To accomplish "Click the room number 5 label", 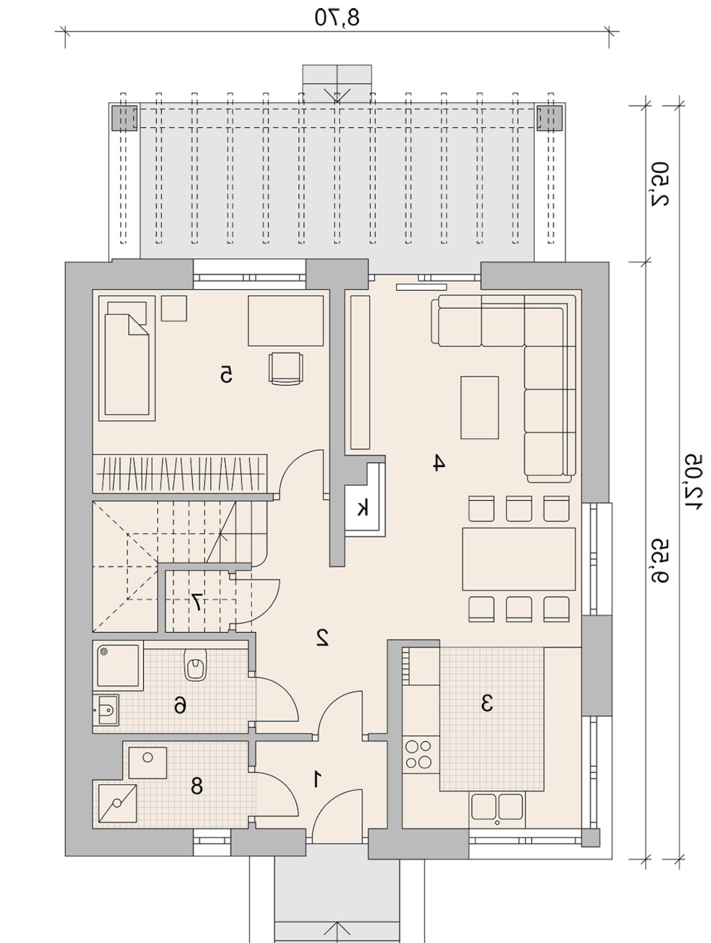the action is pyautogui.click(x=226, y=374).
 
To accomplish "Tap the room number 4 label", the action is pyautogui.click(x=438, y=463).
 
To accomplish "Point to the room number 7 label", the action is pyautogui.click(x=196, y=602).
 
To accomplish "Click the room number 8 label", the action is pyautogui.click(x=197, y=786).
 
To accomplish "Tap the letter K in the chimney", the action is pyautogui.click(x=362, y=508).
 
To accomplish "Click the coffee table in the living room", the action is pyautogui.click(x=480, y=407).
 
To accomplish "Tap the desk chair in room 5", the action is pyautogui.click(x=285, y=368).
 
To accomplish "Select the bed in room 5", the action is pyautogui.click(x=127, y=359).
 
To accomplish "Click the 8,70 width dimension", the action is pyautogui.click(x=337, y=17).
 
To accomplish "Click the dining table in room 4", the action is pyautogui.click(x=518, y=559).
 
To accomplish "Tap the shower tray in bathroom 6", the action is pyautogui.click(x=117, y=666).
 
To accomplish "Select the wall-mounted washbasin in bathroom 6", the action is pyautogui.click(x=105, y=710).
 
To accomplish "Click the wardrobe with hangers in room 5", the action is pyautogui.click(x=180, y=474).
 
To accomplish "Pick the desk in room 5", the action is pyautogui.click(x=285, y=321).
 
